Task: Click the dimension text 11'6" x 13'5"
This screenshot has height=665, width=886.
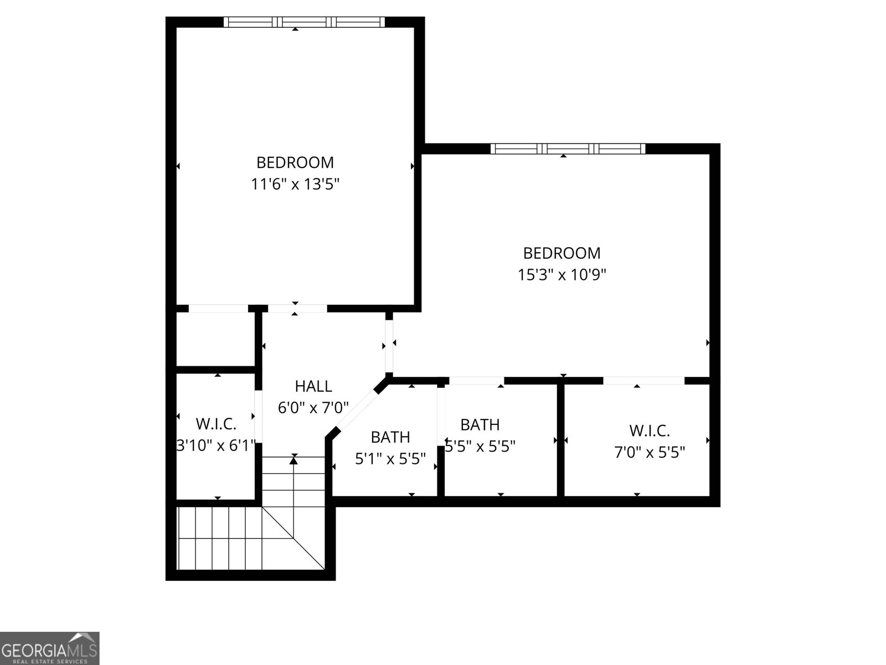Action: [295, 184]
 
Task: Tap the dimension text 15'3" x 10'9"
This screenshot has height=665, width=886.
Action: [562, 274]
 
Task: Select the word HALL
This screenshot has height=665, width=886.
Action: [313, 386]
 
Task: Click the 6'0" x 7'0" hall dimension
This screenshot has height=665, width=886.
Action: [313, 408]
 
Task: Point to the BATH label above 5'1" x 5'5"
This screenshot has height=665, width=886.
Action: [390, 437]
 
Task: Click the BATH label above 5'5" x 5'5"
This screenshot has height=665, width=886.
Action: [480, 424]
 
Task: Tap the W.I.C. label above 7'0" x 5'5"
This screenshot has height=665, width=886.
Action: [650, 430]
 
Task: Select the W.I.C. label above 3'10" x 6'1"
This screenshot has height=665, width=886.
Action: [216, 424]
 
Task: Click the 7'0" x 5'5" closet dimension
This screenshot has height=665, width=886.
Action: [650, 452]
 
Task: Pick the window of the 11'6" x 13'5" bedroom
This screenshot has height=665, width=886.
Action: [304, 22]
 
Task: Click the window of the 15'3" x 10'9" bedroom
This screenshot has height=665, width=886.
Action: [568, 149]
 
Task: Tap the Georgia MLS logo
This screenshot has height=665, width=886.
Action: [50, 648]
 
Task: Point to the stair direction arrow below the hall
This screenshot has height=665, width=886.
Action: [294, 459]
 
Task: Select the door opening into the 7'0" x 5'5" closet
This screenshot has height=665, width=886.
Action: [643, 381]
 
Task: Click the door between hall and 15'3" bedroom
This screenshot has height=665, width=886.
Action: [389, 346]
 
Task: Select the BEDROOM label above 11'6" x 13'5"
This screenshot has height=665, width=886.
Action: [295, 162]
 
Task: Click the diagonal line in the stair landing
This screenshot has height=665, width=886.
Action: [293, 538]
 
